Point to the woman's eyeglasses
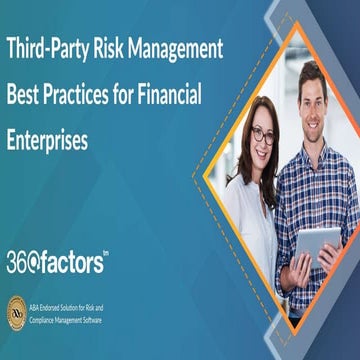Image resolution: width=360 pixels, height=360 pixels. click(x=262, y=136)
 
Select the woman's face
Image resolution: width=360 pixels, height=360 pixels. click(x=263, y=140)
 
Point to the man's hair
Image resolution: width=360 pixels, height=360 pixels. click(x=313, y=72)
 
